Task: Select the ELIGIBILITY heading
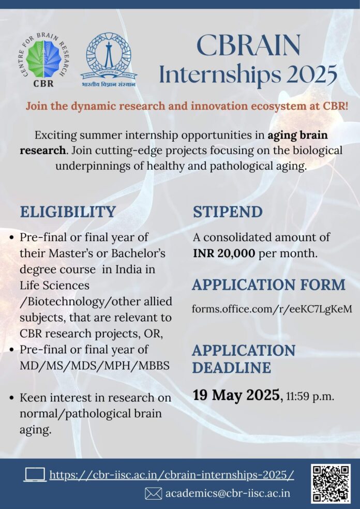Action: pyautogui.click(x=68, y=212)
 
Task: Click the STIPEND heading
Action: pyautogui.click(x=228, y=212)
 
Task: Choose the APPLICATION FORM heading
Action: pyautogui.click(x=268, y=285)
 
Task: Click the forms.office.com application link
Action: pyautogui.click(x=272, y=309)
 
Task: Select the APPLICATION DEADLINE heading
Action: pyautogui.click(x=244, y=358)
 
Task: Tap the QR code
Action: pyautogui.click(x=331, y=484)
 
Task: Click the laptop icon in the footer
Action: pyautogui.click(x=35, y=474)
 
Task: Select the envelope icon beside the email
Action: pyautogui.click(x=153, y=493)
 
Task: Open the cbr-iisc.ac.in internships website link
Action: pyautogui.click(x=172, y=475)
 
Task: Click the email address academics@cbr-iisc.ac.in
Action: pyautogui.click(x=227, y=493)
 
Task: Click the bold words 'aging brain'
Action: pyautogui.click(x=297, y=136)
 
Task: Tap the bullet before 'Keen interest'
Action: pyautogui.click(x=12, y=398)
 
